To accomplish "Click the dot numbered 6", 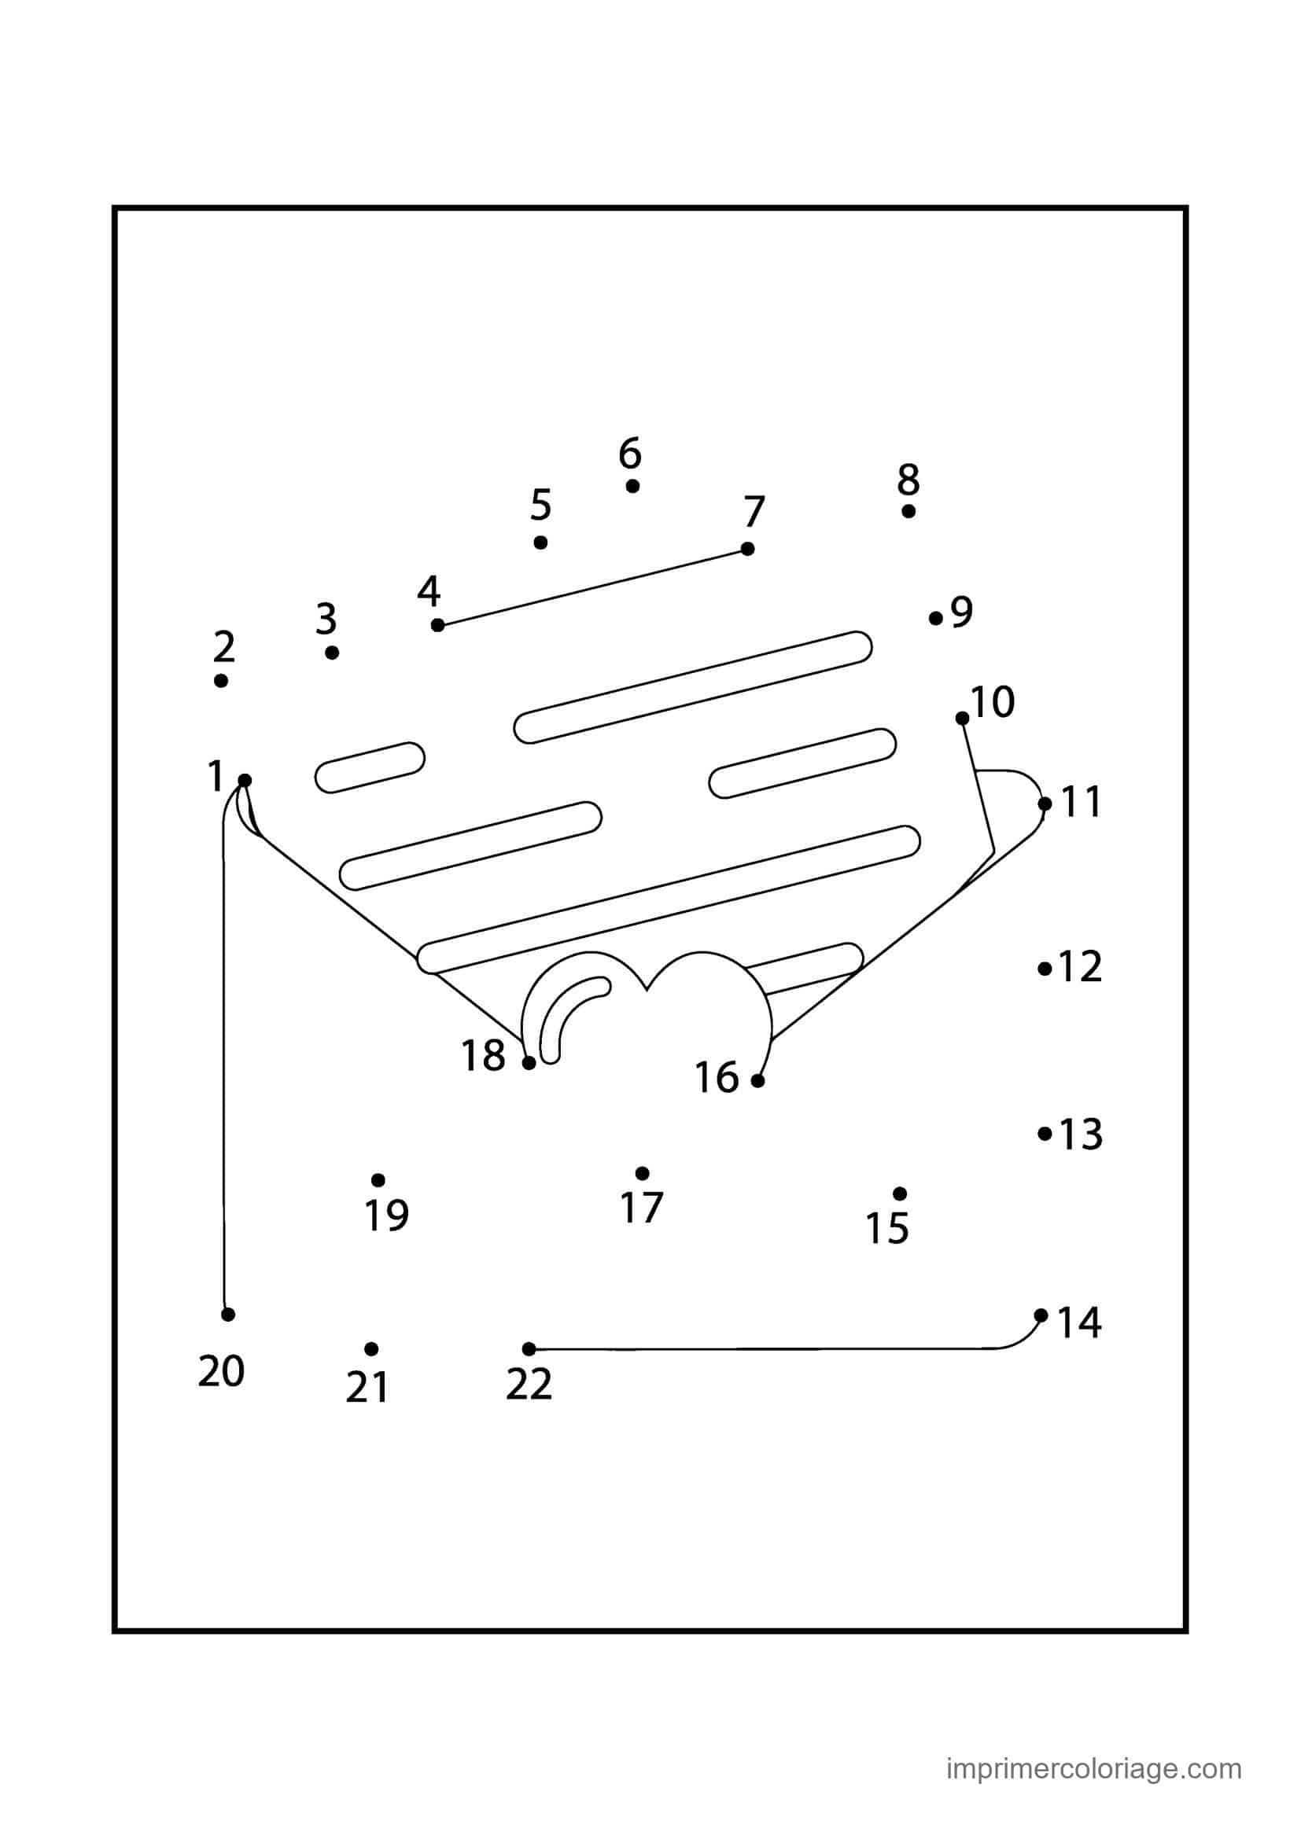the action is coord(632,486).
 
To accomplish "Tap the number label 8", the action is coord(908,479).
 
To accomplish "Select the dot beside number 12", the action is coord(1045,969).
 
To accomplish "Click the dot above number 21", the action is coord(371,1350).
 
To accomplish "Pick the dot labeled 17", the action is coord(642,1173).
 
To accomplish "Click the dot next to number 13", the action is coord(1045,1134).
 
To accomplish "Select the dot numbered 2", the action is coord(221,681).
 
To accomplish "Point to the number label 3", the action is coord(326,618).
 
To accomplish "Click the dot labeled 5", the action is coord(540,543).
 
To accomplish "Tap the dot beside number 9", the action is coord(936,618).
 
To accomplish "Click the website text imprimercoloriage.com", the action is coord(1094,1745).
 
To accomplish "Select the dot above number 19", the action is coord(378,1181).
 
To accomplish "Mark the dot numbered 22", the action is coord(529,1349).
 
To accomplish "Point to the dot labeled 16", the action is coord(757,1081).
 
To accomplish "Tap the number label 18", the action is coord(483,1056).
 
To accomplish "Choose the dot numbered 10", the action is coord(962,719).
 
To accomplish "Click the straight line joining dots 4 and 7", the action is coord(593,587).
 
